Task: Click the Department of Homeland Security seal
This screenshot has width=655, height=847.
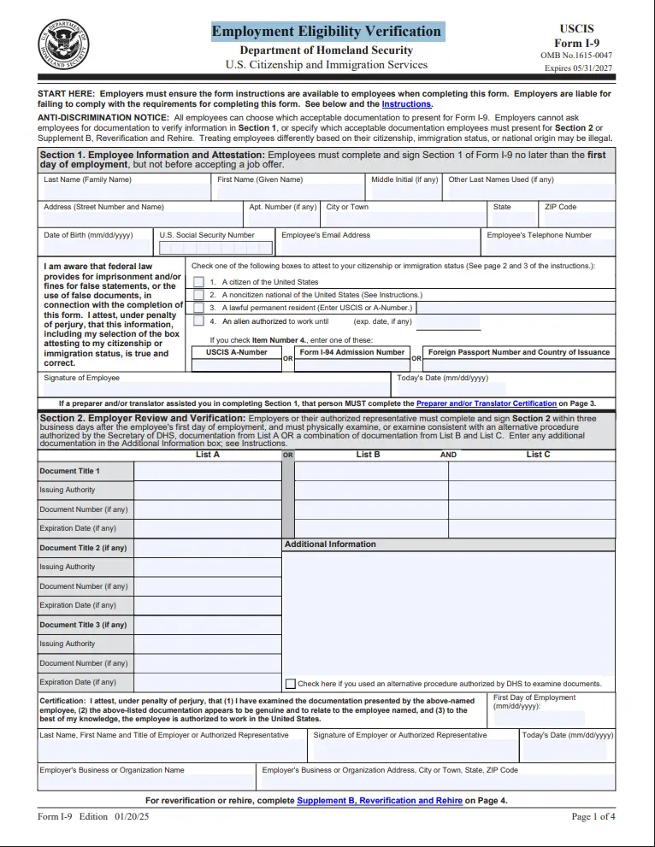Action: coord(63,44)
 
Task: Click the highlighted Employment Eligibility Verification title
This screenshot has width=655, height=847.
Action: coord(326,32)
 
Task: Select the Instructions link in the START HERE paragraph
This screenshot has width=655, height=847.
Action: coord(406,104)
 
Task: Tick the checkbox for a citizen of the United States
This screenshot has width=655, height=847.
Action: coord(198,282)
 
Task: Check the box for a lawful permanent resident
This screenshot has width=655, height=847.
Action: coord(198,308)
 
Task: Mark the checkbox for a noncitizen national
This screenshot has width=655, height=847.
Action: coord(198,295)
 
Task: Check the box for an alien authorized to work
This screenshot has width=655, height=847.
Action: coord(198,321)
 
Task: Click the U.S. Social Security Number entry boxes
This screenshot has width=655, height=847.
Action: coord(215,248)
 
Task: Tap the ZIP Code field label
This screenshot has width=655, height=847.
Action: coord(561,207)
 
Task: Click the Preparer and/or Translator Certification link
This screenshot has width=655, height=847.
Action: coord(486,403)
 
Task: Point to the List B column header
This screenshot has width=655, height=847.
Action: coord(369,455)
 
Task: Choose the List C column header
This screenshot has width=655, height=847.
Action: coord(538,455)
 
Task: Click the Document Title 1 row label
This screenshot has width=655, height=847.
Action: coord(69,471)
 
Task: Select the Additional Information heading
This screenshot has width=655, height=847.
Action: coord(330,544)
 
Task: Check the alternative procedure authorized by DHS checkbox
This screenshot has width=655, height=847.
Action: coord(291,684)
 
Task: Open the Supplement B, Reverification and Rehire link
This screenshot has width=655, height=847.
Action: coord(379,801)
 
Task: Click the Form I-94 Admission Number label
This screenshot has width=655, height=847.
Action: coord(352,352)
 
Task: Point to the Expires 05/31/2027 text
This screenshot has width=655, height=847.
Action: coord(580,66)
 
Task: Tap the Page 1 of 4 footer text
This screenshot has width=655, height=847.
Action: coord(593,817)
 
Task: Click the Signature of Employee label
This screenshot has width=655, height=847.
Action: coord(82,378)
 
